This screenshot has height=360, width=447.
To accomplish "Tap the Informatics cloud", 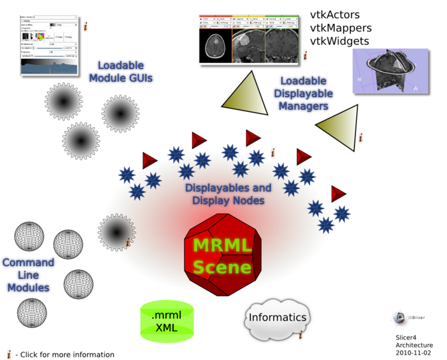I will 277,318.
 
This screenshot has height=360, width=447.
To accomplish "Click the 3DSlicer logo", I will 409,319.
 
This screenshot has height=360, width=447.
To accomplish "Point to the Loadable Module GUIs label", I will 120,72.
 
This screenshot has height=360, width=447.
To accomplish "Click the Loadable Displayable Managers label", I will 303,94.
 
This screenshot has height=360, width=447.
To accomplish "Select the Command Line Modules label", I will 28,275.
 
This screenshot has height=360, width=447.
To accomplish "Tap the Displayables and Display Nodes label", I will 228,194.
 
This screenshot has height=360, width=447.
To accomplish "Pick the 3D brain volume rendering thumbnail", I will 390,70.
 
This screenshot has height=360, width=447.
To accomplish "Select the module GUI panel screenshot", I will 49,45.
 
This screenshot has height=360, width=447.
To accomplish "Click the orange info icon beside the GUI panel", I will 85,26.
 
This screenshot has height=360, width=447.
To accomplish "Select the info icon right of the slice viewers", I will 305,55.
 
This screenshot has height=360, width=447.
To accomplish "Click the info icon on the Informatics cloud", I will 300,336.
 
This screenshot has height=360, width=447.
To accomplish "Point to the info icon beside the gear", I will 128,242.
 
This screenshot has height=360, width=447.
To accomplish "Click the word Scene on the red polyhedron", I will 222,266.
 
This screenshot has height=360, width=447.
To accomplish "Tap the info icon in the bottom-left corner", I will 9,353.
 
